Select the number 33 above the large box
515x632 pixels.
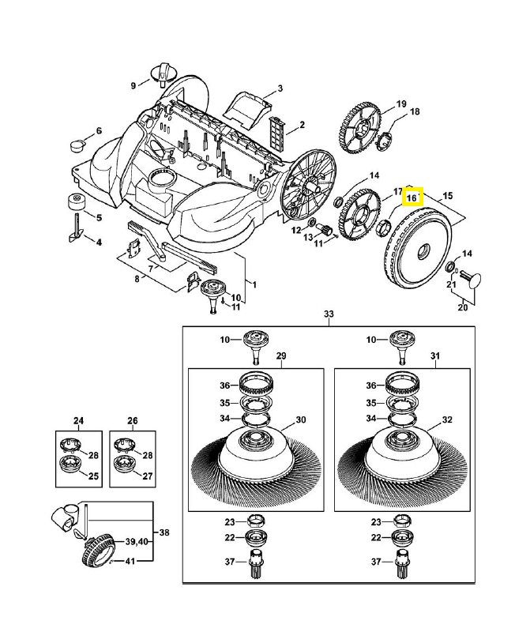click(x=329, y=314)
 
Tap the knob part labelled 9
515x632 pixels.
click(x=164, y=75)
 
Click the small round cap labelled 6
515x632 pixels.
click(x=78, y=145)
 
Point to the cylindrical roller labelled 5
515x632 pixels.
click(x=77, y=201)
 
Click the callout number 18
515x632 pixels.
click(x=414, y=112)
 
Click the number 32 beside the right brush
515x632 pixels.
click(x=447, y=419)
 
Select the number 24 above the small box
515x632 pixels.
click(x=78, y=420)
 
